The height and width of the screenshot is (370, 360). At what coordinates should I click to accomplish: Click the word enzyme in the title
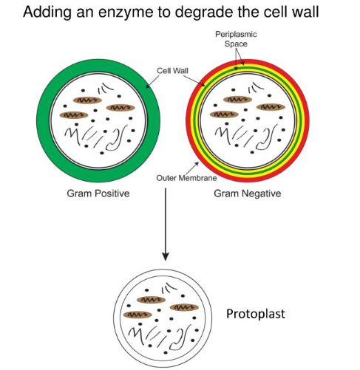tap(126, 13)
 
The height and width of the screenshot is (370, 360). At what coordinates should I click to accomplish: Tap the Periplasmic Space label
tap(236, 39)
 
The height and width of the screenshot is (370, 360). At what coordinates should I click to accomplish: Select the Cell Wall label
tap(172, 71)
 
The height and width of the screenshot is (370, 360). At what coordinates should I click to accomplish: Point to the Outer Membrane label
tap(186, 178)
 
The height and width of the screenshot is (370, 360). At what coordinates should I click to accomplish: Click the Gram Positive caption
tap(98, 193)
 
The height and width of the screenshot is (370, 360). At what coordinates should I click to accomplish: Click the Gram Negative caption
tap(248, 193)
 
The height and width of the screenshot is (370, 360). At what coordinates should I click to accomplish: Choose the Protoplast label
tap(256, 314)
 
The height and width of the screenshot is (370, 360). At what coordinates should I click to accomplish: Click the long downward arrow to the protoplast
tap(166, 224)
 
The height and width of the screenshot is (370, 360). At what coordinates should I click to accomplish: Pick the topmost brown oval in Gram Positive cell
tap(87, 100)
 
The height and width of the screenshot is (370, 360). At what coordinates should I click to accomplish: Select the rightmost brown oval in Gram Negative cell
tap(271, 107)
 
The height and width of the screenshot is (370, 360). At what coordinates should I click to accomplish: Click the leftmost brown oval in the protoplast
tap(137, 315)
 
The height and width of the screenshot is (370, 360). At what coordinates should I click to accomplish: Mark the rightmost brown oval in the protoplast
tap(184, 307)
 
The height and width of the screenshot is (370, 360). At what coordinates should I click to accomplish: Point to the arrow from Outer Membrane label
tap(191, 168)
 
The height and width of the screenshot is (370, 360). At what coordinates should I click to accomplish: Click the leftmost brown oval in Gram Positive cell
tap(74, 115)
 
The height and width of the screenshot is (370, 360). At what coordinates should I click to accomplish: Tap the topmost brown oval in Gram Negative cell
tap(238, 100)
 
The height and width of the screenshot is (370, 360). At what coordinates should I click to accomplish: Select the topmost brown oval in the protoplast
tap(152, 300)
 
